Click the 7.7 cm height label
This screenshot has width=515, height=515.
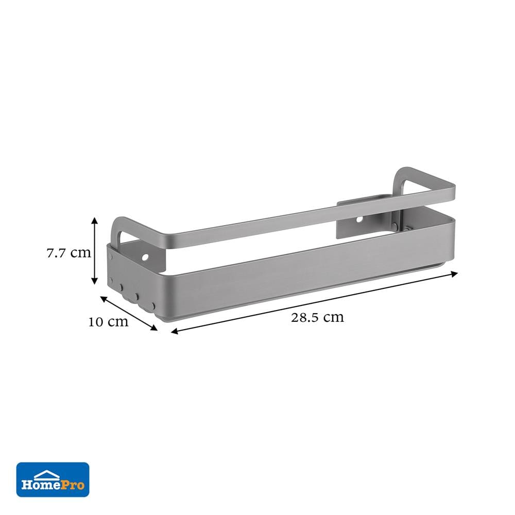[x=68, y=253]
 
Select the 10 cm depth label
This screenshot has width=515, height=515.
[x=108, y=322]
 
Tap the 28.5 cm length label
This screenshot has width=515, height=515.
[x=317, y=317]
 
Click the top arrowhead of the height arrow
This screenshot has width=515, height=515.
[x=95, y=220]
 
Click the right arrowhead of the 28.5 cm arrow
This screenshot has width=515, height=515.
[x=454, y=273]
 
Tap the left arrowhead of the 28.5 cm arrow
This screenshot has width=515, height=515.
[x=175, y=331]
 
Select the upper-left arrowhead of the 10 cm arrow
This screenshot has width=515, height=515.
[x=104, y=299]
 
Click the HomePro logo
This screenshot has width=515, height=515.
[x=53, y=480]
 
